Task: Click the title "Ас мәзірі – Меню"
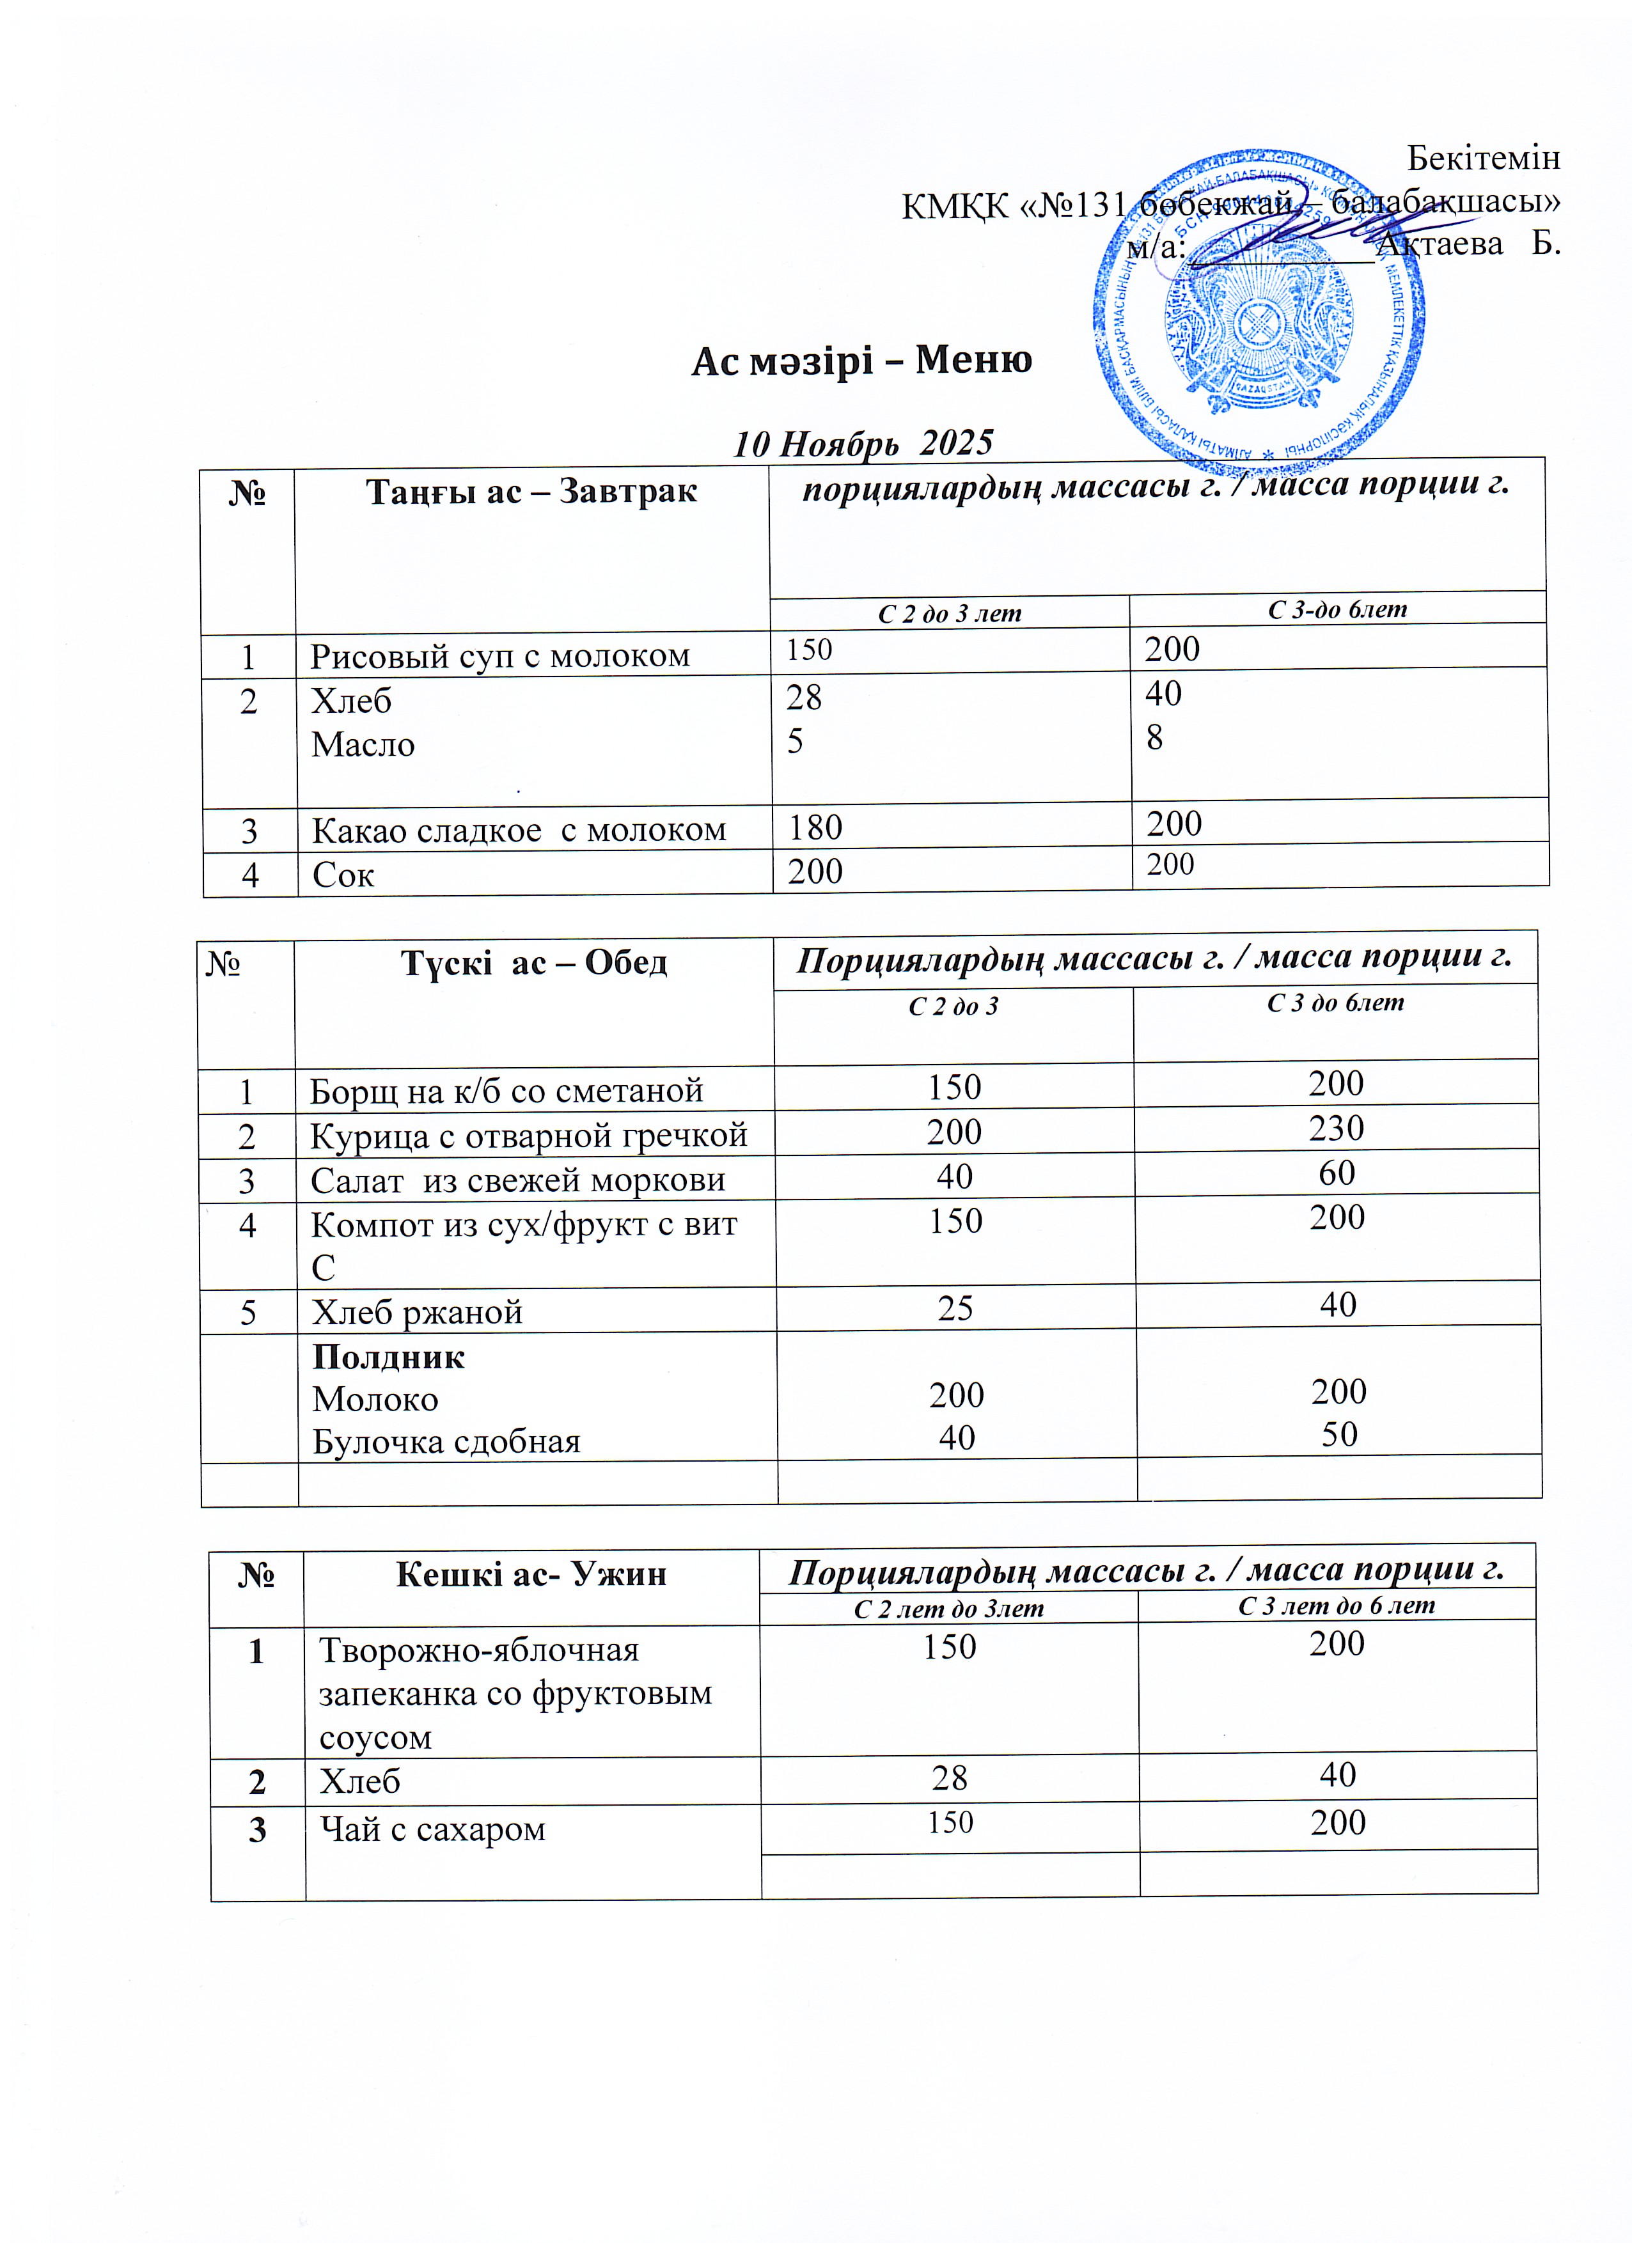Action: pos(861,361)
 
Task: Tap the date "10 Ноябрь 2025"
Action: pos(863,443)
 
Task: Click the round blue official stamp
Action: pos(1258,315)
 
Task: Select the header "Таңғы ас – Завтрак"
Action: pos(531,492)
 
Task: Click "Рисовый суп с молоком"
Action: pos(499,655)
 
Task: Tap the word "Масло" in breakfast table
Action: pos(363,745)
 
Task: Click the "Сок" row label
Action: pos(343,874)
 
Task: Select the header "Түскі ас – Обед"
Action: pos(533,962)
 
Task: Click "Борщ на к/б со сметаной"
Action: pos(506,1090)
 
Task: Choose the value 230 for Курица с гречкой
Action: pos(1337,1129)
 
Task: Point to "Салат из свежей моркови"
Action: pos(517,1180)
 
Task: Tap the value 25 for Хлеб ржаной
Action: pos(955,1308)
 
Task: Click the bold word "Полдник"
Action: pos(388,1357)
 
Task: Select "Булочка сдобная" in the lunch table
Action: pos(446,1442)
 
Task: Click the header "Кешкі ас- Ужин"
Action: pos(531,1574)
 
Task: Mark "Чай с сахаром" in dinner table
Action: pos(432,1829)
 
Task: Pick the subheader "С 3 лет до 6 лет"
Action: pos(1337,1605)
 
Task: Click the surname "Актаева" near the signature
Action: pos(1440,243)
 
